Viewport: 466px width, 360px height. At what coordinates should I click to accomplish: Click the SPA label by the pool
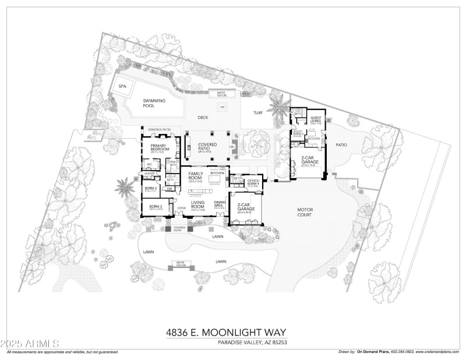(x=122, y=86)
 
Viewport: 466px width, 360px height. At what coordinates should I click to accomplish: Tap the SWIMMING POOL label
(x=154, y=103)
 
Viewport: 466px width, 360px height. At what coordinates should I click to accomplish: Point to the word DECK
(x=203, y=117)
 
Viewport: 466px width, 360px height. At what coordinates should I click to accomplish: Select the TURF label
(x=258, y=112)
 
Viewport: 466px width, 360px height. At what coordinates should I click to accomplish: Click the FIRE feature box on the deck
(x=221, y=107)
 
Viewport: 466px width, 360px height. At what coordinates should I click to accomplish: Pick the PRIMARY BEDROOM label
(x=159, y=148)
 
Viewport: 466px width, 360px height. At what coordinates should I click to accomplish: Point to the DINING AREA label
(x=220, y=204)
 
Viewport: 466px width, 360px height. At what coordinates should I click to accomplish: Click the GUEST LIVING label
(x=316, y=119)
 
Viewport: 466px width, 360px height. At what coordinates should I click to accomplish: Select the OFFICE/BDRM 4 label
(x=253, y=182)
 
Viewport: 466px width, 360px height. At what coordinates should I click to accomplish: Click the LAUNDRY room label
(x=149, y=174)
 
